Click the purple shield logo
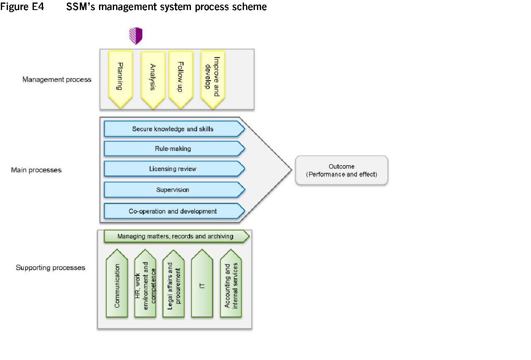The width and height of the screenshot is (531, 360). click(136, 36)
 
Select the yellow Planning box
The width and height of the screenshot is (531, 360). click(120, 77)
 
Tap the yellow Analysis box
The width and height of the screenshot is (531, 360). click(153, 77)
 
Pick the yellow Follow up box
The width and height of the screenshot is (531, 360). click(180, 77)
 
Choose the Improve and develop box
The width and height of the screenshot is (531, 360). click(213, 77)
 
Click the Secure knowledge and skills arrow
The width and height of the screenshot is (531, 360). click(173, 129)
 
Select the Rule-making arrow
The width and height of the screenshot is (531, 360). click(173, 149)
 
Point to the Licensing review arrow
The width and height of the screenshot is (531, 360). click(173, 169)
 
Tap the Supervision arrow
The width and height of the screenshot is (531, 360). click(173, 190)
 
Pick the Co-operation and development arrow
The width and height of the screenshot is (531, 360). click(173, 211)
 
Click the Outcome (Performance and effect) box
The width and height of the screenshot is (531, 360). click(341, 171)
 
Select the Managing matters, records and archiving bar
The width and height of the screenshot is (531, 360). click(175, 237)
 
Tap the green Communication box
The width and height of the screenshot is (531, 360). click(117, 285)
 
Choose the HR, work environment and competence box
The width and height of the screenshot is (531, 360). click(145, 285)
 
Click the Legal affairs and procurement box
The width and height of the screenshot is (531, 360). click(173, 285)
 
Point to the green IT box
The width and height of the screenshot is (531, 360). click(202, 285)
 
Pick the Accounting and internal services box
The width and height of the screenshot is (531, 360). click(231, 285)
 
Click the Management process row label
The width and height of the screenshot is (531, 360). click(57, 79)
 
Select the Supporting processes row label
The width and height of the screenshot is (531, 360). click(51, 268)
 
